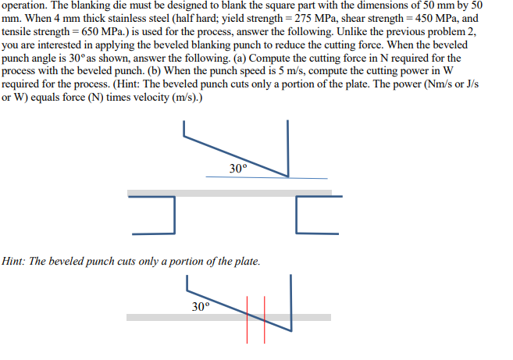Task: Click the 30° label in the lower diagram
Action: (201, 305)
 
